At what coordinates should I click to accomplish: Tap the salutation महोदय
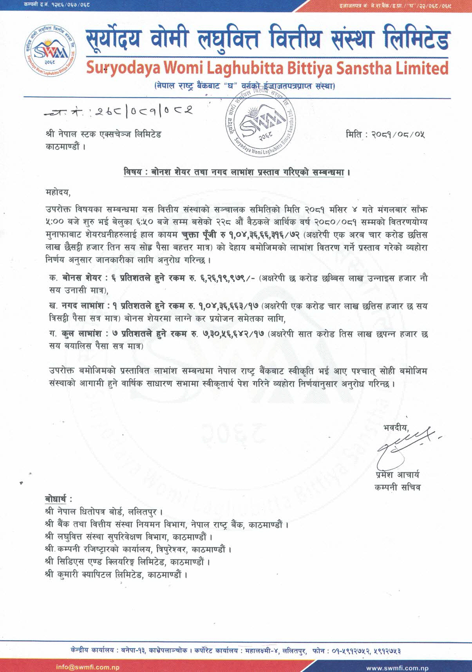(x=58, y=192)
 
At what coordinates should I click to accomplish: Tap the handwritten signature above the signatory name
(x=403, y=444)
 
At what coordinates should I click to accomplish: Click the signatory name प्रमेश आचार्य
(x=397, y=475)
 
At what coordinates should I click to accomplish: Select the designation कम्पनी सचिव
(x=397, y=487)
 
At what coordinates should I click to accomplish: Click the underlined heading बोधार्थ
(x=58, y=499)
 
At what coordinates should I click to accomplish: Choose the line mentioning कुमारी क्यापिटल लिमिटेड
(x=116, y=575)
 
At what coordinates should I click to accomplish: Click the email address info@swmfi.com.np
(x=88, y=667)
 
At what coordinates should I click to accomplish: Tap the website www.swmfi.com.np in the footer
(x=397, y=668)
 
